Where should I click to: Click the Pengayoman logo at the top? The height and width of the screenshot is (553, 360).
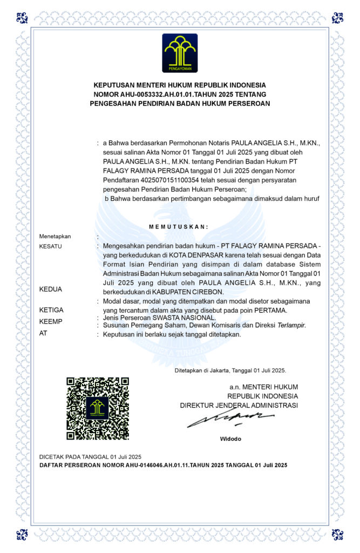click(180, 53)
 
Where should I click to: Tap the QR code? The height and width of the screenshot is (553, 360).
click(97, 408)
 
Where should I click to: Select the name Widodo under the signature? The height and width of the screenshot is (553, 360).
click(230, 439)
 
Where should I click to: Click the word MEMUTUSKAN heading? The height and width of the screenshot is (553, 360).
click(179, 227)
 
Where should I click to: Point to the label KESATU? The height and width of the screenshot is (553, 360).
click(51, 246)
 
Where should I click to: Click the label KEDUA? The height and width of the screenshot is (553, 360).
click(51, 289)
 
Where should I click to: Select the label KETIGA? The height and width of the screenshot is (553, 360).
click(52, 310)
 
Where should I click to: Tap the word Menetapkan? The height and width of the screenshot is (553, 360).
click(55, 237)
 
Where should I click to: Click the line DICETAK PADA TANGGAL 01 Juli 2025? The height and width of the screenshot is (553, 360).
click(91, 457)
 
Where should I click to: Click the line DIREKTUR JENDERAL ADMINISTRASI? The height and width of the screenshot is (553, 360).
click(239, 405)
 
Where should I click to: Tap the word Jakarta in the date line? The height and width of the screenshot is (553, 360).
click(219, 371)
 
